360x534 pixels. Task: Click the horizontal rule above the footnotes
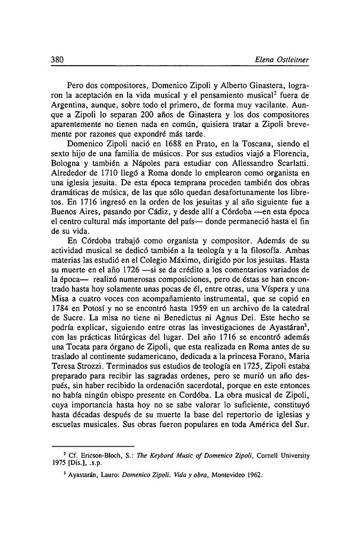pyautogui.click(x=91, y=446)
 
